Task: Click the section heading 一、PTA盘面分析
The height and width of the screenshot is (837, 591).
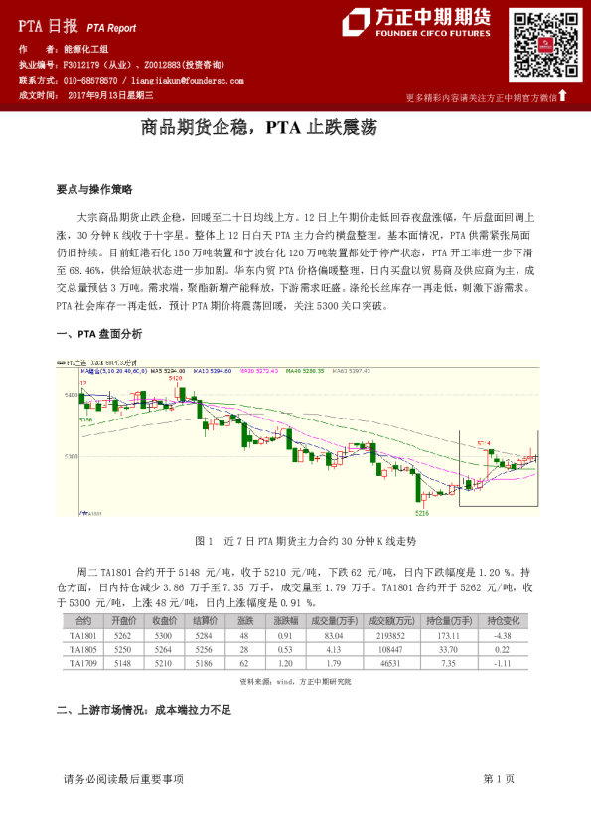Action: [x=98, y=333]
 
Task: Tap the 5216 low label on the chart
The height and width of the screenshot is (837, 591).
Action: [x=422, y=512]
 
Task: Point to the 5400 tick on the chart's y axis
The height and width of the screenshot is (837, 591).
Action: [x=69, y=395]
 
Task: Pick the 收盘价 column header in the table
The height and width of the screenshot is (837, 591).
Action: [x=165, y=620]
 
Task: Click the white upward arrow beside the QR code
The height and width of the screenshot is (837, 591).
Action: [x=563, y=95]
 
